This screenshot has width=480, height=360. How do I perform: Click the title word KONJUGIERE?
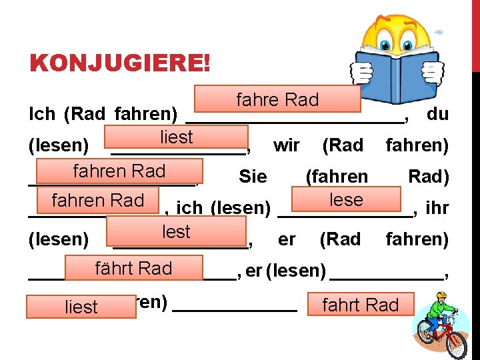tap(120, 64)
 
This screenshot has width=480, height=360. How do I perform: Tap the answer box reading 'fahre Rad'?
tap(277, 99)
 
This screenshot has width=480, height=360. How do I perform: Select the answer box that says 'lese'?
tap(346, 199)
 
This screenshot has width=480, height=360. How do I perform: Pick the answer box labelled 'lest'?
tap(176, 231)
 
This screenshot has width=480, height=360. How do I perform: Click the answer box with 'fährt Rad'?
tap(133, 268)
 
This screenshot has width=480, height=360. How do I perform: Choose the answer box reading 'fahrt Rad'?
tap(360, 305)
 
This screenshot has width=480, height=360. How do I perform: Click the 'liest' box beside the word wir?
tap(176, 137)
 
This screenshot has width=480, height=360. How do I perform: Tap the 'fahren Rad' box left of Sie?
tap(119, 171)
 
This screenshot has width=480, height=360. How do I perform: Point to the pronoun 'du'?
tap(437, 114)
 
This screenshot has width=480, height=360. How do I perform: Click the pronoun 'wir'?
tap(286, 145)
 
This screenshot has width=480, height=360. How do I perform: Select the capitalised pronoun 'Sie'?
tap(252, 177)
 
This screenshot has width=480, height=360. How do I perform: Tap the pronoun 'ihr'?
tap(437, 208)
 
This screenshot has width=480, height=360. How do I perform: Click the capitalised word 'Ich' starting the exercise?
tap(42, 114)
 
